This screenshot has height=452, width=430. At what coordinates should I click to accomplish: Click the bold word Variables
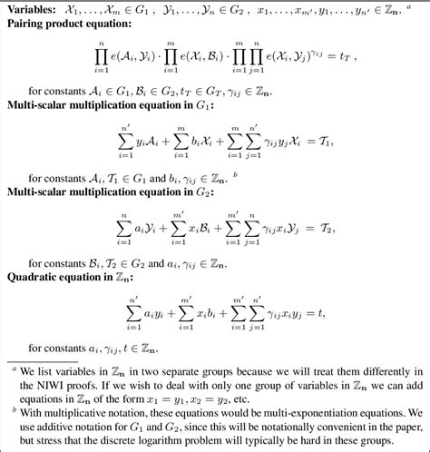(34, 8)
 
